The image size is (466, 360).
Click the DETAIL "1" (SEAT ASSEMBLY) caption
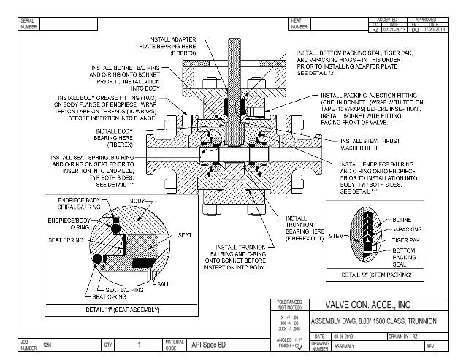[119, 310]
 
